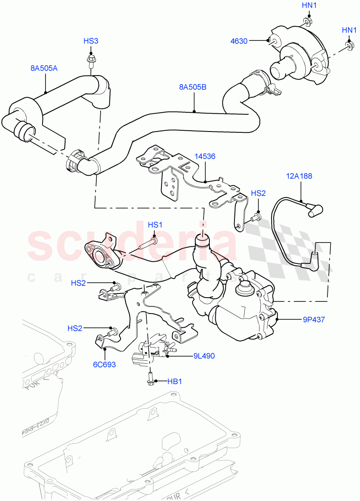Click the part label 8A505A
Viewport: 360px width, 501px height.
(43, 68)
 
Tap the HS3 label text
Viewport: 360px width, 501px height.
(91, 41)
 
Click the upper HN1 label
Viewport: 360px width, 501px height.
(309, 5)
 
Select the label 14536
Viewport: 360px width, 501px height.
(205, 157)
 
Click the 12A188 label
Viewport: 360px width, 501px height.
(299, 176)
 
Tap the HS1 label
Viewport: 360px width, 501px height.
(155, 225)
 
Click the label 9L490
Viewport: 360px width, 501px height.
(204, 356)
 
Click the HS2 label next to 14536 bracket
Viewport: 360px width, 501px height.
(258, 193)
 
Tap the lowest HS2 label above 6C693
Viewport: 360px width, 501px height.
(75, 329)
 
